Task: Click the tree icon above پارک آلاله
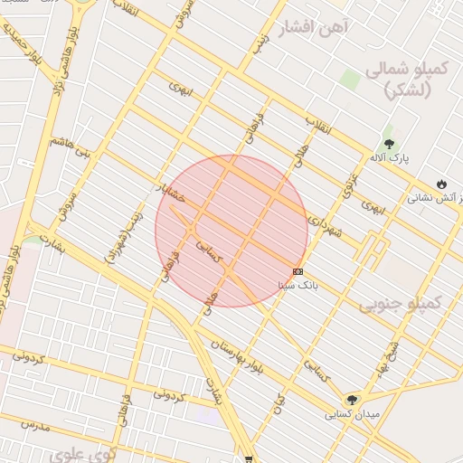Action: click(389, 144)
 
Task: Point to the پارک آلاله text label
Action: click(389, 157)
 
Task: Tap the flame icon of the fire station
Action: click(441, 184)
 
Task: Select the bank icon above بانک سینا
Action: click(298, 271)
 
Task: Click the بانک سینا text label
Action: click(298, 284)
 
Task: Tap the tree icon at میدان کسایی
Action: click(352, 400)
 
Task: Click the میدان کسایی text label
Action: click(352, 413)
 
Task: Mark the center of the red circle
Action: click(231, 231)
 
